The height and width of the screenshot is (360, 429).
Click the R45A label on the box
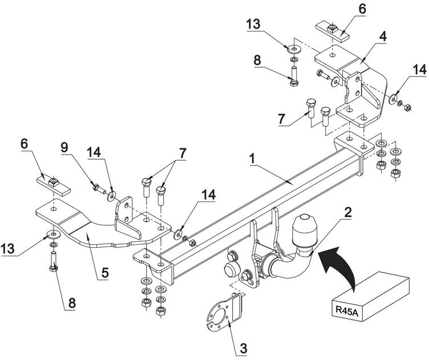347,311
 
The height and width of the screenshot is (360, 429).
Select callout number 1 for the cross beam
252,160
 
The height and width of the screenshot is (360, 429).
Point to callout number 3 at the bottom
243,348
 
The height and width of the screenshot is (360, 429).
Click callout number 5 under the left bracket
105,272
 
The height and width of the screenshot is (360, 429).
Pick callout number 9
64,148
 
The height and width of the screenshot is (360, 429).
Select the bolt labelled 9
99,189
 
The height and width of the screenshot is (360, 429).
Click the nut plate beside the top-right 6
333,31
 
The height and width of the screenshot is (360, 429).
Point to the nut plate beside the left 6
54,185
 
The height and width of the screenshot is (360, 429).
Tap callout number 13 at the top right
253,24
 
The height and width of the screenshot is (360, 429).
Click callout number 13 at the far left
7,249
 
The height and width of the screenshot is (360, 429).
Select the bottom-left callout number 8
72,304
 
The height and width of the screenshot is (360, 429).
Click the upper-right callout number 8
257,60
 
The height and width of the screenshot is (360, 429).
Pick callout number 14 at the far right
420,70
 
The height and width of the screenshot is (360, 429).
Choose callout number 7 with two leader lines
183,153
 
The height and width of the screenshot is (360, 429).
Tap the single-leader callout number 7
282,119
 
